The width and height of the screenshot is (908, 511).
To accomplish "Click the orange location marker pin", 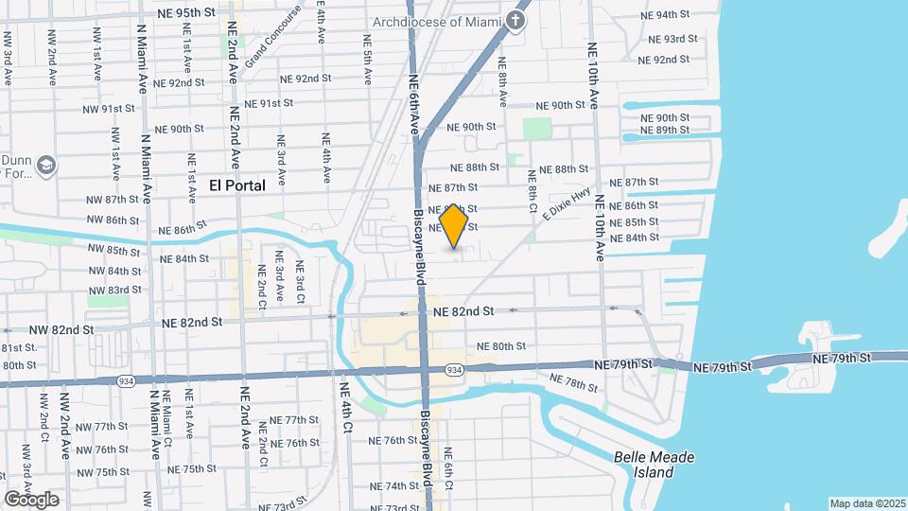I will pyautogui.click(x=454, y=227).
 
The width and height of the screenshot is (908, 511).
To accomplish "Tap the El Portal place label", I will pyautogui.click(x=236, y=186).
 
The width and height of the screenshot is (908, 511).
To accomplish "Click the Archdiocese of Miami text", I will pyautogui.click(x=434, y=22).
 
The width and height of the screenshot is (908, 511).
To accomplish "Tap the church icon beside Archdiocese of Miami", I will pyautogui.click(x=516, y=21).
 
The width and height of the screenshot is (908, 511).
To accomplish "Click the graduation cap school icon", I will pyautogui.click(x=45, y=167).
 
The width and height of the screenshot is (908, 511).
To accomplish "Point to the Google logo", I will pyautogui.click(x=30, y=499).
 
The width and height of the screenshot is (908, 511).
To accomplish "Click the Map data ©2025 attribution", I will pyautogui.click(x=867, y=503).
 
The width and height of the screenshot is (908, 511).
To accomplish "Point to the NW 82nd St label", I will pyautogui.click(x=61, y=330).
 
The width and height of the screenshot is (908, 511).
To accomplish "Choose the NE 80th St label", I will pyautogui.click(x=501, y=346).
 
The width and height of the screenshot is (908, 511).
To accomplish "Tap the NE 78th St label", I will pyautogui.click(x=574, y=383).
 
